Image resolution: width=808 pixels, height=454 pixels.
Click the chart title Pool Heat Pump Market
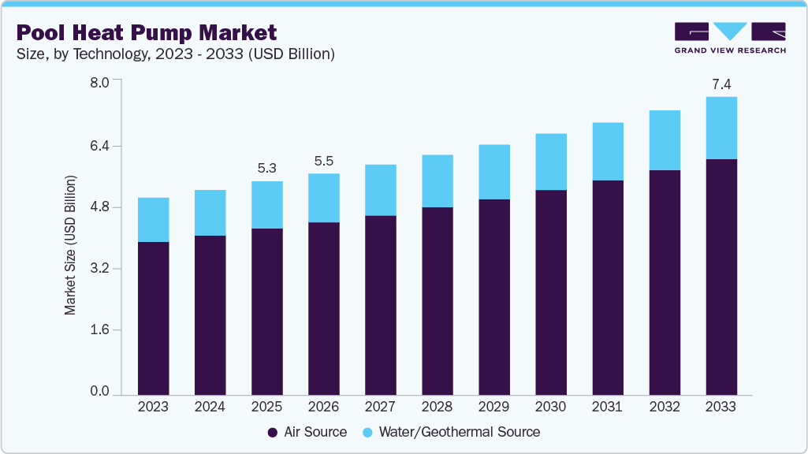click(x=147, y=32)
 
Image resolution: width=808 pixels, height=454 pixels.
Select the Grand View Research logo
click(x=730, y=38)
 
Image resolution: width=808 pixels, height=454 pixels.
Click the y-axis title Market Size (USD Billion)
click(x=71, y=246)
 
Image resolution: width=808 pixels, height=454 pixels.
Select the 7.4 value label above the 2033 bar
click(x=721, y=84)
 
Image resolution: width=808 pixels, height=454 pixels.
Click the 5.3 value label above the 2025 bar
click(x=267, y=168)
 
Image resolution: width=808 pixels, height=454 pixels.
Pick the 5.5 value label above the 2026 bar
click(x=324, y=161)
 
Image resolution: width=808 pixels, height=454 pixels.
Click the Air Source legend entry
click(x=307, y=432)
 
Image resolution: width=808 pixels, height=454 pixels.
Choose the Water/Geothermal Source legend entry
click(x=451, y=432)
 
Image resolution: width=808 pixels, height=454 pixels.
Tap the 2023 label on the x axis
click(x=153, y=407)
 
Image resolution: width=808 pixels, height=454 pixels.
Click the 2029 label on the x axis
click(x=494, y=407)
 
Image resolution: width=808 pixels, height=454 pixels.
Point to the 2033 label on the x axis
click(x=721, y=407)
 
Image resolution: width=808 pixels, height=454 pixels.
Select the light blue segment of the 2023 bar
click(x=153, y=220)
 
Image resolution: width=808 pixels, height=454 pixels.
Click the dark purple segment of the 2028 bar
click(x=438, y=300)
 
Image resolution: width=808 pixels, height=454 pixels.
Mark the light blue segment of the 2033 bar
click(x=721, y=128)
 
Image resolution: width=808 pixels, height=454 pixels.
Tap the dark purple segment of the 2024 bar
click(x=210, y=314)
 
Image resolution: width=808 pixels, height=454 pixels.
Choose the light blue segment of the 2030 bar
click(x=551, y=162)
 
